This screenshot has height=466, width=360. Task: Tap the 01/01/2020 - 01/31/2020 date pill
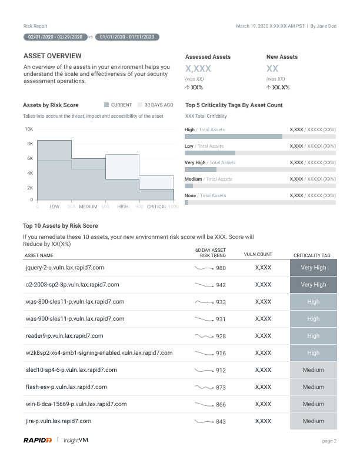click(x=127, y=36)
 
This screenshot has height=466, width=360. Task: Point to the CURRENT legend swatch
click(x=106, y=105)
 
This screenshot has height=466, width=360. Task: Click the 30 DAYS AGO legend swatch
click(x=140, y=105)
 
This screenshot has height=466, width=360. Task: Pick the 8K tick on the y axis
click(x=29, y=144)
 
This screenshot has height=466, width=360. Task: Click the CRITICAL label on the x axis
click(x=157, y=207)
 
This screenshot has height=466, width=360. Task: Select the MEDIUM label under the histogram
click(x=88, y=207)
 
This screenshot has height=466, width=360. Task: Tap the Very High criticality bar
click(x=201, y=169)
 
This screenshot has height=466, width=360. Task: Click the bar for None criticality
click(x=187, y=202)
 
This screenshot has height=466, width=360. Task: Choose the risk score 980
click(x=221, y=268)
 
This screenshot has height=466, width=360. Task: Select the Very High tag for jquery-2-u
click(x=314, y=268)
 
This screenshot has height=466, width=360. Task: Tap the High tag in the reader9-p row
click(x=314, y=336)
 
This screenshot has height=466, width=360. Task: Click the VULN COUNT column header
click(x=258, y=255)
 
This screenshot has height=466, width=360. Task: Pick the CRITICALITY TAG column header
click(x=312, y=255)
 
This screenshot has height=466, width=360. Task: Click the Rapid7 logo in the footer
click(x=38, y=440)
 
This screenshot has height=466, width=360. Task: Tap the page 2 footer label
click(x=329, y=441)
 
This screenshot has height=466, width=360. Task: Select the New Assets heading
click(x=282, y=57)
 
